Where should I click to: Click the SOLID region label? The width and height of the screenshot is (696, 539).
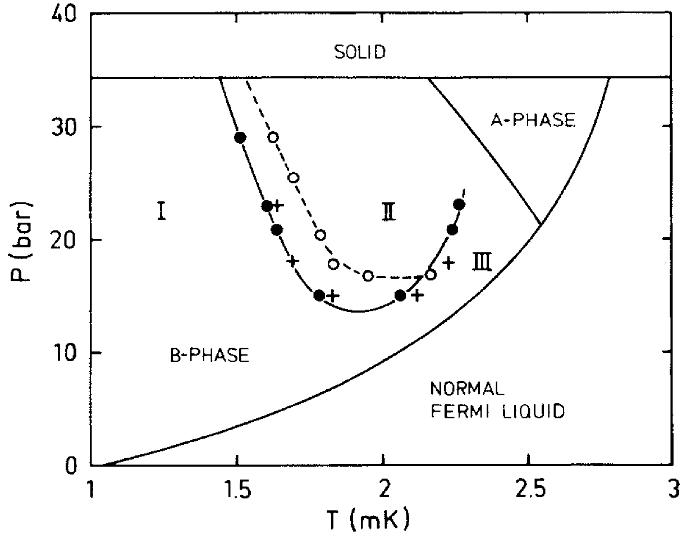coord(360,52)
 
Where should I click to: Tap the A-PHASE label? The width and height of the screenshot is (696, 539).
coord(533,120)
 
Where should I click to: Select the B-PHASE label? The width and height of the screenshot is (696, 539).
coord(209,355)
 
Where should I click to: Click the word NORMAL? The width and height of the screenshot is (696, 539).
coord(467,388)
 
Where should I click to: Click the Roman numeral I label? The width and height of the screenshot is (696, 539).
coord(161,212)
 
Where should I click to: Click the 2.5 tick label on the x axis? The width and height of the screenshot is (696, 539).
coord(528,489)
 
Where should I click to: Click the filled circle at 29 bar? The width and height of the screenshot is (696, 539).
coord(240,137)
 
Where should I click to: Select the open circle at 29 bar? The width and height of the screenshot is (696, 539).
coord(273,137)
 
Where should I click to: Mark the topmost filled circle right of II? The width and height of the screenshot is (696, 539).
coord(459,205)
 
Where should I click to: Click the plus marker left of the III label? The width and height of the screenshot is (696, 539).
coord(448,262)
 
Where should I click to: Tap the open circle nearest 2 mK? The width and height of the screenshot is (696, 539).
coord(368,275)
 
